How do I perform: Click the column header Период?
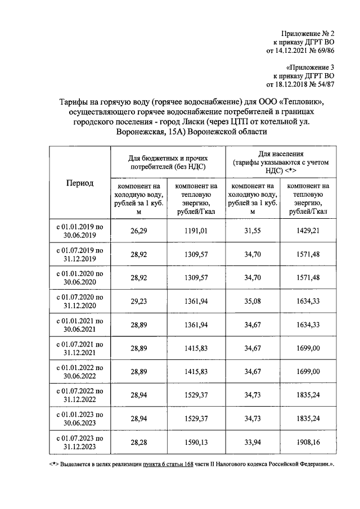coord(79,183)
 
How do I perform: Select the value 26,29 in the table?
coord(138,231)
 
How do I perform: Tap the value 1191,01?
coord(196,231)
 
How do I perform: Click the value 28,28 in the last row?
coord(138,442)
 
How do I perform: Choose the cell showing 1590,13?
coord(196,442)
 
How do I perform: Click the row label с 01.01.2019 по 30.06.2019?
coord(79,231)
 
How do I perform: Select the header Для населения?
coord(281,153)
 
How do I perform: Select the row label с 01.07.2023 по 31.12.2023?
coord(79,442)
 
